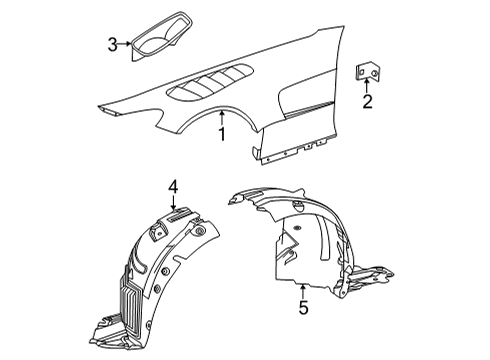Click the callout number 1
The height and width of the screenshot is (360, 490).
click(x=222, y=134)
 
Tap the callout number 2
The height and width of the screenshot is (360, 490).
click(x=367, y=102)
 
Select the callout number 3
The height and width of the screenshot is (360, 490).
click(x=113, y=45)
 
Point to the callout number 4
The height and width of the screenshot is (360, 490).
click(x=173, y=187)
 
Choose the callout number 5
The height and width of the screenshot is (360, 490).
click(x=303, y=307)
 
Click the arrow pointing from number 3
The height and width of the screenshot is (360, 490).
click(x=125, y=44)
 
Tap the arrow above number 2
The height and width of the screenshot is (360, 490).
click(x=367, y=85)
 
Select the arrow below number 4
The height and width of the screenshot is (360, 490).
click(x=173, y=202)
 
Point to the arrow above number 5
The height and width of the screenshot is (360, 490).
click(x=303, y=291)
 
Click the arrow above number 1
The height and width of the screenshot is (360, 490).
click(x=222, y=118)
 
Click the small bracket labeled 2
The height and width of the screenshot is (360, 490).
click(x=368, y=72)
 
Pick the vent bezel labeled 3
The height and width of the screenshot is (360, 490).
click(x=162, y=36)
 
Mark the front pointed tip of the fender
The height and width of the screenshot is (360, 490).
click(x=99, y=107)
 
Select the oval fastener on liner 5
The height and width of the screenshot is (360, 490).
click(x=296, y=228)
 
